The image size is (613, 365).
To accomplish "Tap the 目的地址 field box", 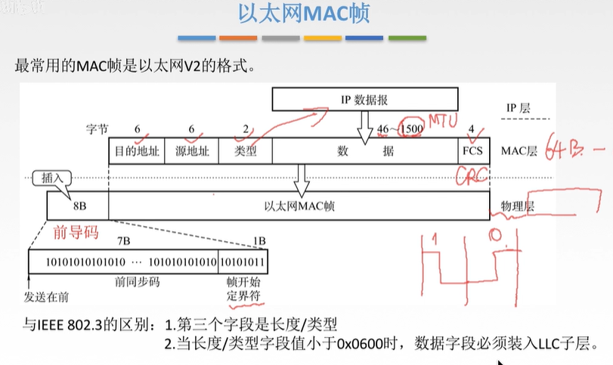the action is [x=137, y=150].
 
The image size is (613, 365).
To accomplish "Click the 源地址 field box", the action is [x=191, y=150].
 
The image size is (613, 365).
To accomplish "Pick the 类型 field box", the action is [x=245, y=150].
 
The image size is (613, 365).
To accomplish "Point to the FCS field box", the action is [x=472, y=150].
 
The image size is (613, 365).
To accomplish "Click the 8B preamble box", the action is [x=77, y=205].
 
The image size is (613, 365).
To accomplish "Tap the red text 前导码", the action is [x=76, y=232].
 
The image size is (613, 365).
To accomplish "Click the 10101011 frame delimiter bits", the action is [x=243, y=261].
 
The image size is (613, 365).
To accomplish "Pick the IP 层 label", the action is [x=517, y=108].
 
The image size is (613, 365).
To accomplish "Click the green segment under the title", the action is [x=407, y=38].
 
